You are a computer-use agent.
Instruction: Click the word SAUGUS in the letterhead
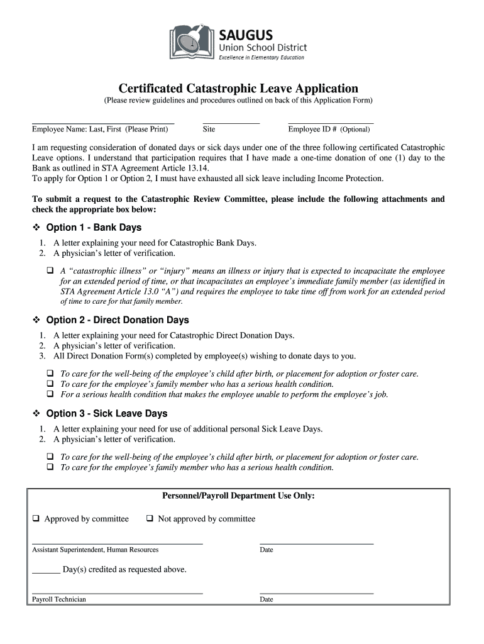(246, 33)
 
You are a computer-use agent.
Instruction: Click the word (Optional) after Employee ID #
(355, 130)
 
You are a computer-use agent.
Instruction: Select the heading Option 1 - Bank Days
(94, 228)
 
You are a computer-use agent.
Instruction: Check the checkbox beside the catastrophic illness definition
(50, 270)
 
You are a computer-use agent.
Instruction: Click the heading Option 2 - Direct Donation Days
(118, 320)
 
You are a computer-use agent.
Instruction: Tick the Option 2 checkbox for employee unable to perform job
(50, 394)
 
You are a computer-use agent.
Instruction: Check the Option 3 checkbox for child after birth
(50, 457)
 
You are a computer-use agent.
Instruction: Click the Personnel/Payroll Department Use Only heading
(238, 496)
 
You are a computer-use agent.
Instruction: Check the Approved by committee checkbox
(36, 519)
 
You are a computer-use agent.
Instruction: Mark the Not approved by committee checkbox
(150, 519)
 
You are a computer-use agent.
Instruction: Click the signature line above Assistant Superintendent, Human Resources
(117, 542)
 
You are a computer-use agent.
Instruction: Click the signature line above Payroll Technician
(117, 592)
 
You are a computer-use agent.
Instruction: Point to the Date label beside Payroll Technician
(267, 599)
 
